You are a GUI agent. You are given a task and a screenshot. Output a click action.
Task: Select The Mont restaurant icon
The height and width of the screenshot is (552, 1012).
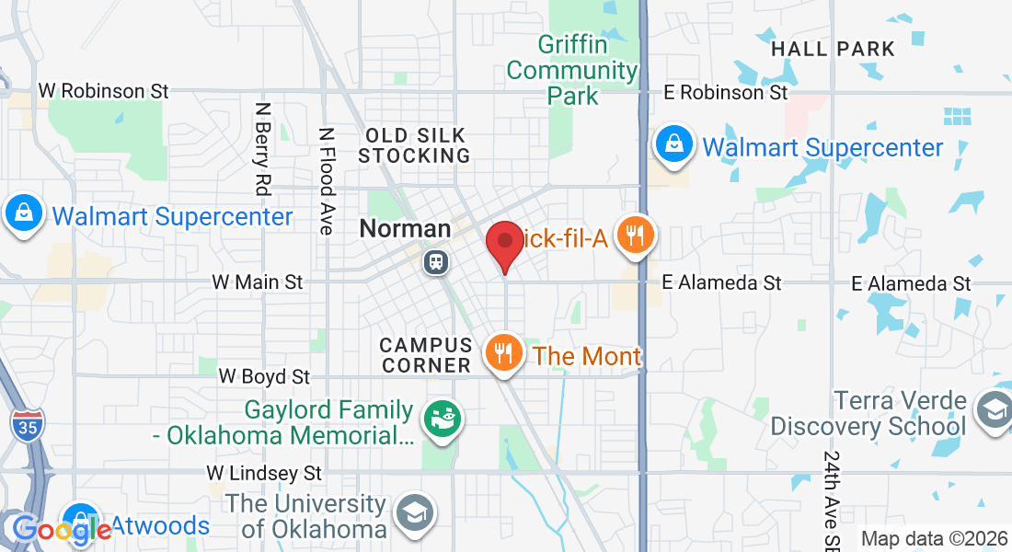click(503, 351)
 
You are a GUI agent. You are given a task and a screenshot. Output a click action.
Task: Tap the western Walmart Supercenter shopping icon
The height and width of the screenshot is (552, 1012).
click(23, 213)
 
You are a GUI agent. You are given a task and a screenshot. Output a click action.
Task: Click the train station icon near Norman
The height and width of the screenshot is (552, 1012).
click(436, 262)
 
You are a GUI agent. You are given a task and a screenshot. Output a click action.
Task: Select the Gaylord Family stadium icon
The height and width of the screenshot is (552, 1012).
click(443, 420)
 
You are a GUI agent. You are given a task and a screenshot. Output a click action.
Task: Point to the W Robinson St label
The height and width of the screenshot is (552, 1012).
click(104, 91)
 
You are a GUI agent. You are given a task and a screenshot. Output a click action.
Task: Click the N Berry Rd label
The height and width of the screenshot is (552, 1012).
click(263, 148)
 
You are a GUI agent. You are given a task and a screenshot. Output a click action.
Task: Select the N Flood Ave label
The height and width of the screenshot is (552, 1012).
click(326, 180)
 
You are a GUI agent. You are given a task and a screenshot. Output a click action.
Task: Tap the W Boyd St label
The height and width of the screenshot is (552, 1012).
click(264, 376)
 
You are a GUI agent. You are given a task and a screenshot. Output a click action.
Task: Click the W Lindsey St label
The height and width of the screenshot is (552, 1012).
click(264, 473)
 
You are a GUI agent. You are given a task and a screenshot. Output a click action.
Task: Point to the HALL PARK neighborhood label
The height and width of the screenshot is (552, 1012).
click(833, 49)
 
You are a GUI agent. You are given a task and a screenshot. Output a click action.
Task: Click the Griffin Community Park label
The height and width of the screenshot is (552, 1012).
click(572, 70)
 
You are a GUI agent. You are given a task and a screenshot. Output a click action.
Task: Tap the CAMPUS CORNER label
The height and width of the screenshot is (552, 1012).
click(425, 355)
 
